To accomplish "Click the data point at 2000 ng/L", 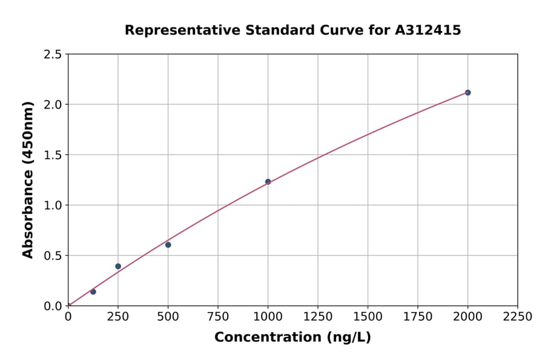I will coord(467,93).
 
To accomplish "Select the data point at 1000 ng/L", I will coord(268,182).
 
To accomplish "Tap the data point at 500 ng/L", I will coord(168,245).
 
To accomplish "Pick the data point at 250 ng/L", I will coord(118,266).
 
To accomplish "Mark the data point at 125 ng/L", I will coord(93,292).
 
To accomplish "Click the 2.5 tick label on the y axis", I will coord(53,55).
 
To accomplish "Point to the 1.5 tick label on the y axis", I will coord(53,155).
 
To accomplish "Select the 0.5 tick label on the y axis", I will coord(53,256).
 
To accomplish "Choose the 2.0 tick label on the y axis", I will coord(53,105).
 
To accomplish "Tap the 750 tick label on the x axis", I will coord(218,317).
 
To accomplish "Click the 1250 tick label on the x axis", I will coord(318,317).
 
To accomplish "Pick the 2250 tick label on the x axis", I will coord(518,317).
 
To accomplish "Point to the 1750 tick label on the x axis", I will coord(418,317).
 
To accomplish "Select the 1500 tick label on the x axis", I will coord(368,317).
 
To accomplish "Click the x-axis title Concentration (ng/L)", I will coord(292,338).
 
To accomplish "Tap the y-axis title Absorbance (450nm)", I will coord(28,179).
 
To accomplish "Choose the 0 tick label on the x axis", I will coord(68,317).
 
